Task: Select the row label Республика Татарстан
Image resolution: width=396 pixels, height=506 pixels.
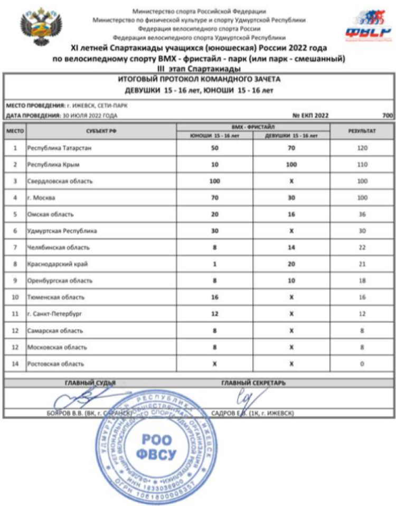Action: pos(59,148)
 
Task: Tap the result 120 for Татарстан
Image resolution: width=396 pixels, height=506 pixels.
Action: pos(362,148)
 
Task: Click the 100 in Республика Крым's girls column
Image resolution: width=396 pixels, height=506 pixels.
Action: pos(291,165)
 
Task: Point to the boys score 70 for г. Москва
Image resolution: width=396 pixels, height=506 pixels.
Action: pos(214,198)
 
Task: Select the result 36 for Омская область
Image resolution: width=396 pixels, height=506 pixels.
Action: pos(362,214)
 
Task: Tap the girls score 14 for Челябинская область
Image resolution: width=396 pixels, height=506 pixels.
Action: pos(291,248)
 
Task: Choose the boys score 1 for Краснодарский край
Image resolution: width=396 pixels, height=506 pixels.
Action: pos(214,264)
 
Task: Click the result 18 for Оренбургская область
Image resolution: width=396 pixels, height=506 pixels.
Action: pos(362,281)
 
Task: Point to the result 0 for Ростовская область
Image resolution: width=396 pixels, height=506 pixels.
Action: pos(362,364)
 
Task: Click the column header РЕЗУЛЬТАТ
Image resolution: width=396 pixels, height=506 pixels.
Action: pos(362,131)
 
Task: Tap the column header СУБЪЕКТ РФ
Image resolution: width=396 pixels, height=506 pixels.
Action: pos(101,131)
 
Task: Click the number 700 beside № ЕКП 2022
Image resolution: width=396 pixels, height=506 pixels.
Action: pos(386,115)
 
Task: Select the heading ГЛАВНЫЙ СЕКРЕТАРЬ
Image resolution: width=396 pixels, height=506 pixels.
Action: pos(253,383)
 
